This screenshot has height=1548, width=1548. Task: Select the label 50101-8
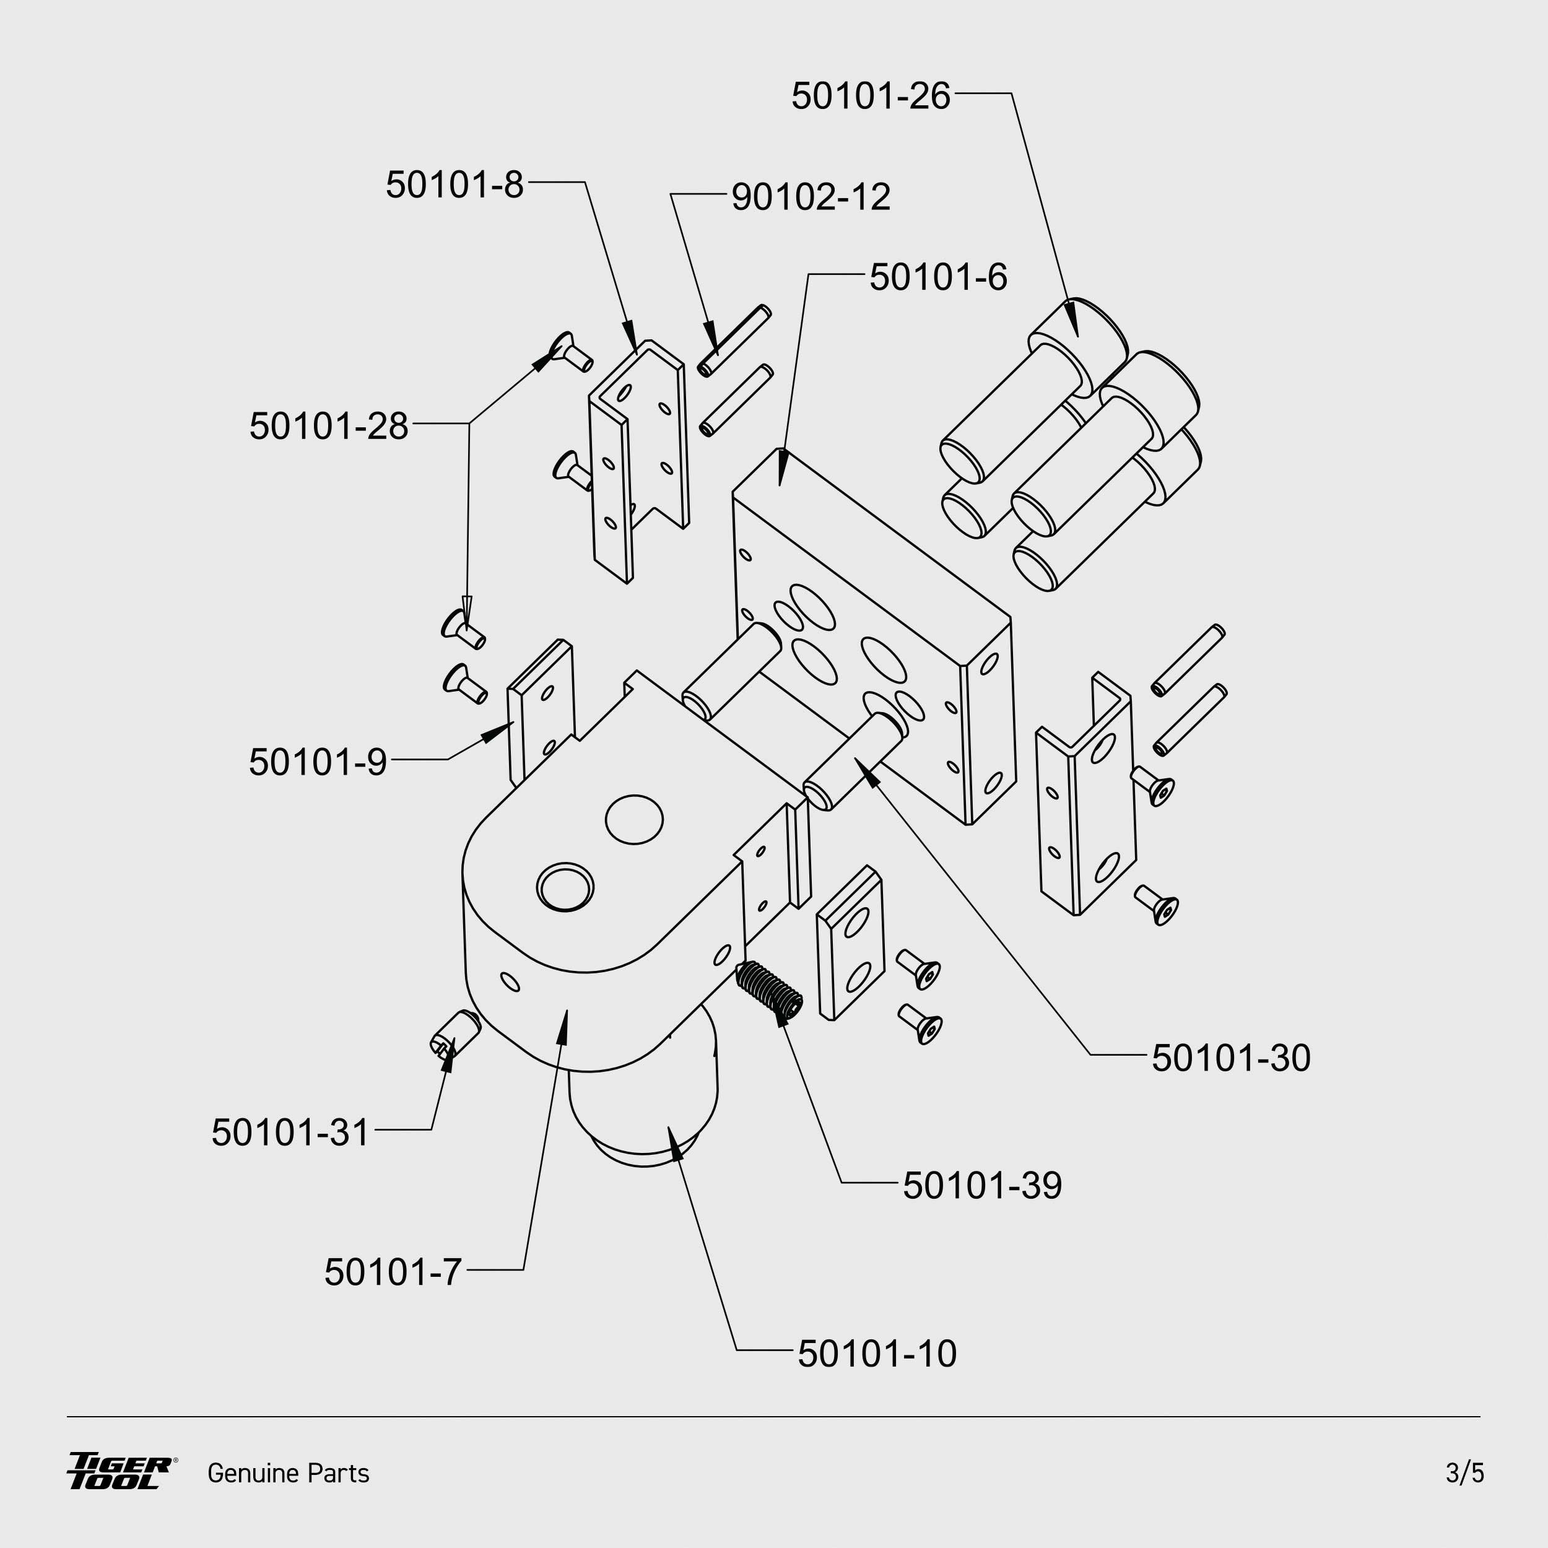(x=454, y=185)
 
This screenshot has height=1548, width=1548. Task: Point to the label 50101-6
(x=938, y=278)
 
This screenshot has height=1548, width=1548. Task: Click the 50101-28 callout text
(x=329, y=426)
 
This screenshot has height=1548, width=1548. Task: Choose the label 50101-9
(x=318, y=762)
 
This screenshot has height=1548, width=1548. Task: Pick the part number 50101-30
(x=1231, y=1058)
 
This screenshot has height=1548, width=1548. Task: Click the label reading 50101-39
(x=982, y=1186)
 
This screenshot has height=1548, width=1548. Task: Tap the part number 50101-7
(x=393, y=1272)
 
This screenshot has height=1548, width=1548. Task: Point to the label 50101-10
(x=877, y=1354)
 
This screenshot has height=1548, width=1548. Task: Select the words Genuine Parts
(x=289, y=1474)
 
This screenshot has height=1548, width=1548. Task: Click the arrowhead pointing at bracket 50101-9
(x=499, y=731)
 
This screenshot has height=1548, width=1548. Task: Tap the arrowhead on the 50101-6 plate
(x=783, y=468)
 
